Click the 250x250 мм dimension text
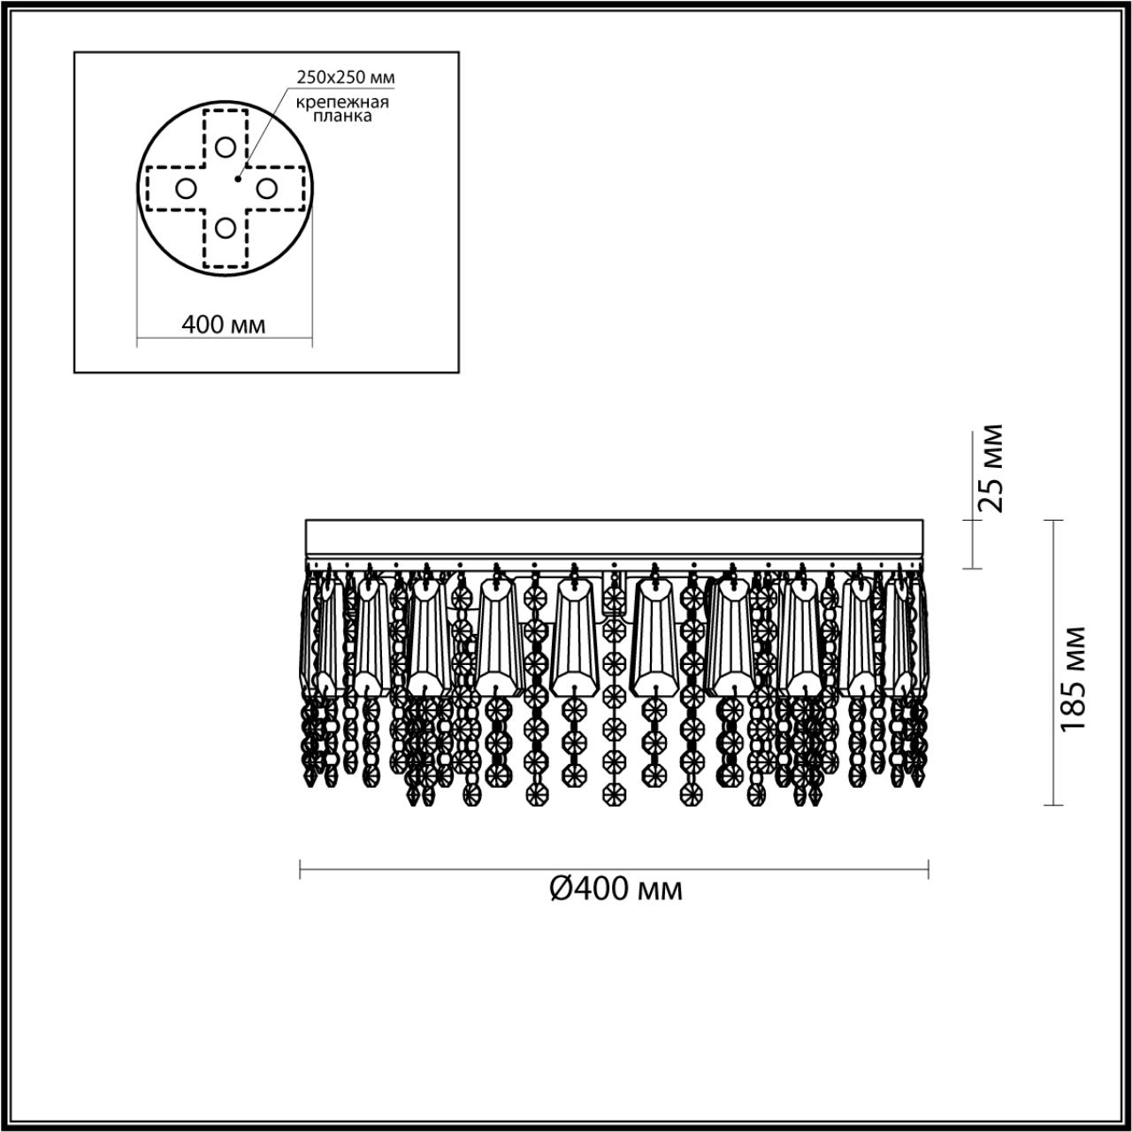tap(346, 77)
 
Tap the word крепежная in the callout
tap(342, 103)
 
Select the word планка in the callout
tap(342, 117)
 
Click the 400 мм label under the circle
tap(224, 325)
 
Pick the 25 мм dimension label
tap(990, 468)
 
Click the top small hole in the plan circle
tap(225, 147)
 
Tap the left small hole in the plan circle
tap(186, 188)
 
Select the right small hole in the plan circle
tap(267, 188)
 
